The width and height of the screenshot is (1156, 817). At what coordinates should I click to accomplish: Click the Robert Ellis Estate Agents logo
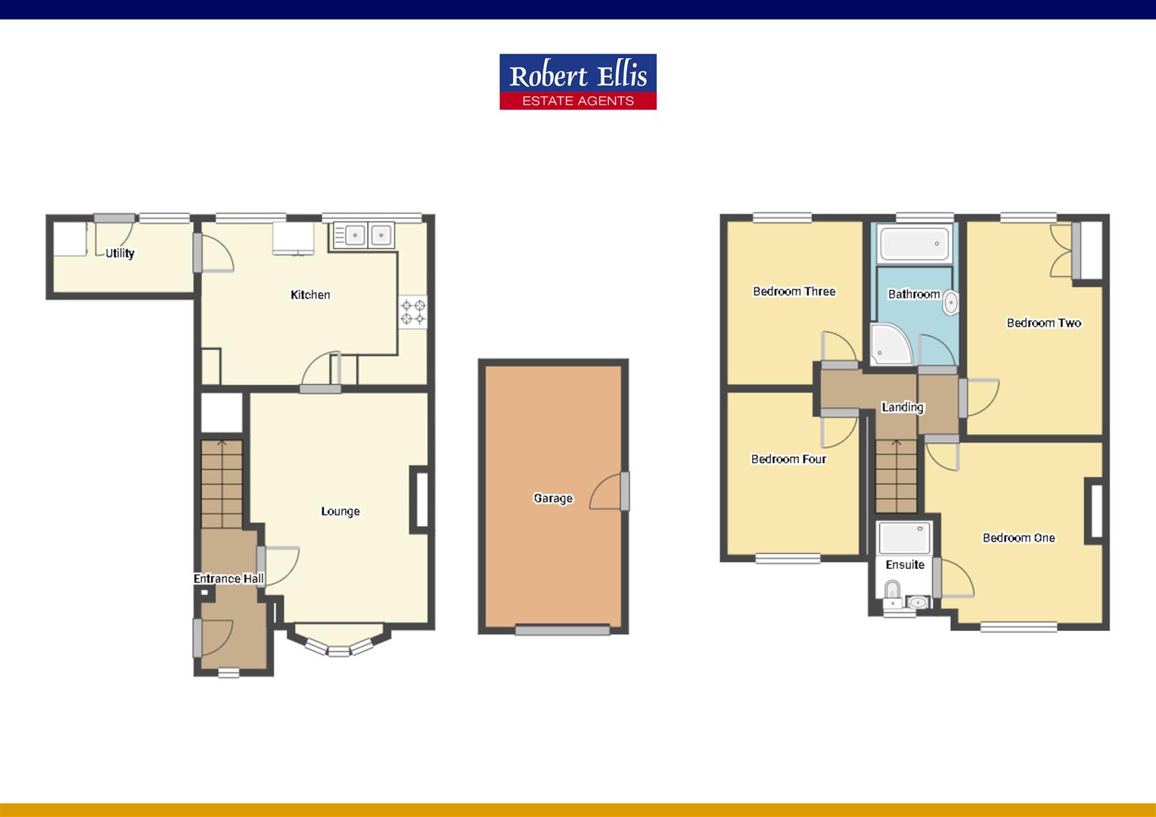pyautogui.click(x=578, y=82)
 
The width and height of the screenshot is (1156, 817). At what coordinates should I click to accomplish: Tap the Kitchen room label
pyautogui.click(x=310, y=295)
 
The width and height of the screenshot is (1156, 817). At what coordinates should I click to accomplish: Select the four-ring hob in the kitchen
pyautogui.click(x=413, y=312)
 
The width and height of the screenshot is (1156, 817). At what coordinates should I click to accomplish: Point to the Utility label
pyautogui.click(x=120, y=253)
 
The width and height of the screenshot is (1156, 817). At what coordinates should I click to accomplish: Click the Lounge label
pyautogui.click(x=340, y=511)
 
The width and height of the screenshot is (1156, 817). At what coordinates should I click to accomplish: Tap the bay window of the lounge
pyautogui.click(x=338, y=641)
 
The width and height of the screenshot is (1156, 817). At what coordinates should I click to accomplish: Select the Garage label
pyautogui.click(x=553, y=498)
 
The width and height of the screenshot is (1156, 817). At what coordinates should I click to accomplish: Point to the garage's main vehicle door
pyautogui.click(x=563, y=630)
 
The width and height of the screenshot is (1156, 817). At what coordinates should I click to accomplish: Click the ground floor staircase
pyautogui.click(x=222, y=483)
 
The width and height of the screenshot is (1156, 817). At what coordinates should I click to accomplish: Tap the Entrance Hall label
pyautogui.click(x=228, y=579)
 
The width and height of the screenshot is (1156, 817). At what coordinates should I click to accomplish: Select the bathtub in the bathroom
pyautogui.click(x=914, y=244)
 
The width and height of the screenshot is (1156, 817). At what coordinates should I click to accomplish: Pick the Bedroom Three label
pyautogui.click(x=794, y=291)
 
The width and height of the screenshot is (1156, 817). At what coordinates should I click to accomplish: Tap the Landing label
pyautogui.click(x=903, y=407)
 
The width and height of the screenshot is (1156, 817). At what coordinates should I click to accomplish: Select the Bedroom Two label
pyautogui.click(x=1044, y=322)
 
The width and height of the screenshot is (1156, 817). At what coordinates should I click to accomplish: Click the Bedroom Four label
pyautogui.click(x=788, y=459)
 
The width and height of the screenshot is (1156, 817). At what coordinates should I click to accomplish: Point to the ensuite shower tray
pyautogui.click(x=905, y=538)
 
